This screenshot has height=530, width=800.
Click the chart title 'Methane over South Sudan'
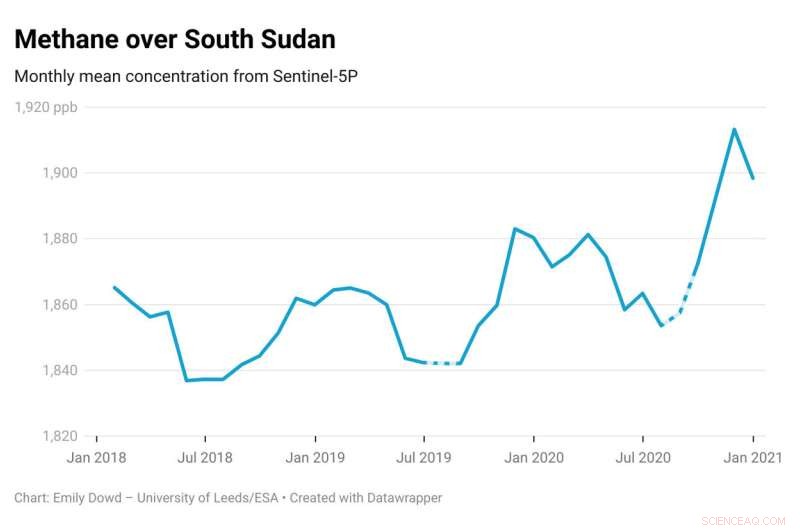click(x=174, y=39)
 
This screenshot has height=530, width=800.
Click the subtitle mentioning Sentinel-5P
click(x=186, y=77)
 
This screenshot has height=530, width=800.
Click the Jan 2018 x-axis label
click(x=96, y=457)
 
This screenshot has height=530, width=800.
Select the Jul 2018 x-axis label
click(x=205, y=457)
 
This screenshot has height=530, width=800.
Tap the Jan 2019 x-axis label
click(x=315, y=457)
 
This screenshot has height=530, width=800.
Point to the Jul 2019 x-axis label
click(x=424, y=457)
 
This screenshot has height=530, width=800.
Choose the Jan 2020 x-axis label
click(x=533, y=457)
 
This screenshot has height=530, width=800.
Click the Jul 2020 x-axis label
click(x=642, y=457)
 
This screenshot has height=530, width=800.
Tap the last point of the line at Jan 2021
click(x=752, y=178)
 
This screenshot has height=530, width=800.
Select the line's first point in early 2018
click(x=114, y=287)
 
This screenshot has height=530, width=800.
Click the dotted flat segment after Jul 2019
click(x=442, y=363)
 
